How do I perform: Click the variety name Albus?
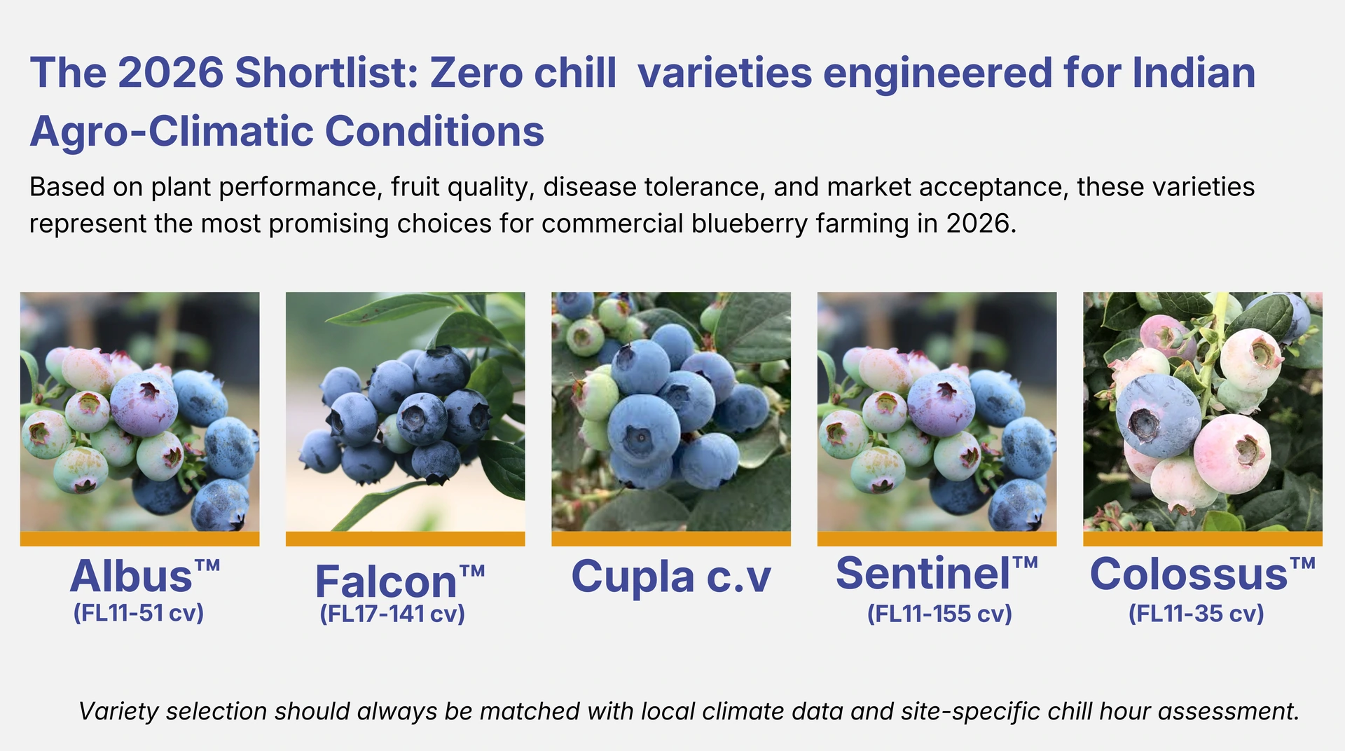[x=132, y=577]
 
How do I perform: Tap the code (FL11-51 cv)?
[x=139, y=613]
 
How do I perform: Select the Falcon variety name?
[x=386, y=582]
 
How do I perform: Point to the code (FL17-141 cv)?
[x=392, y=614]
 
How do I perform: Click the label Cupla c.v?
[x=670, y=577]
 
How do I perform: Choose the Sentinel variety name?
[x=923, y=574]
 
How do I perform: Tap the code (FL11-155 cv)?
[x=939, y=614]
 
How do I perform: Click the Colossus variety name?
[x=1189, y=574]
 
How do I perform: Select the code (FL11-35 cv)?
[x=1196, y=614]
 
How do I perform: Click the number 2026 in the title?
[x=171, y=73]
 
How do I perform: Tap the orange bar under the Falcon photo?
[x=405, y=539]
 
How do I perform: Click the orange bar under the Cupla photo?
[x=670, y=539]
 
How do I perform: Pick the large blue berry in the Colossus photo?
[x=1157, y=415]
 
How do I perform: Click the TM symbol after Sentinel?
[x=1025, y=563]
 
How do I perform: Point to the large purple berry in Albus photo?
[x=144, y=404]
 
